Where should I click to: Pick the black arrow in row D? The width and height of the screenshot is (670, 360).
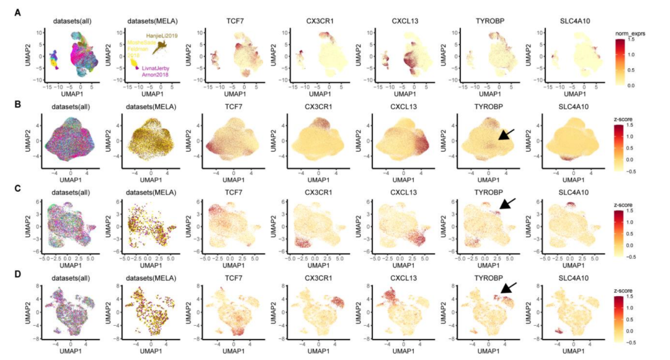tap(509, 288)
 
